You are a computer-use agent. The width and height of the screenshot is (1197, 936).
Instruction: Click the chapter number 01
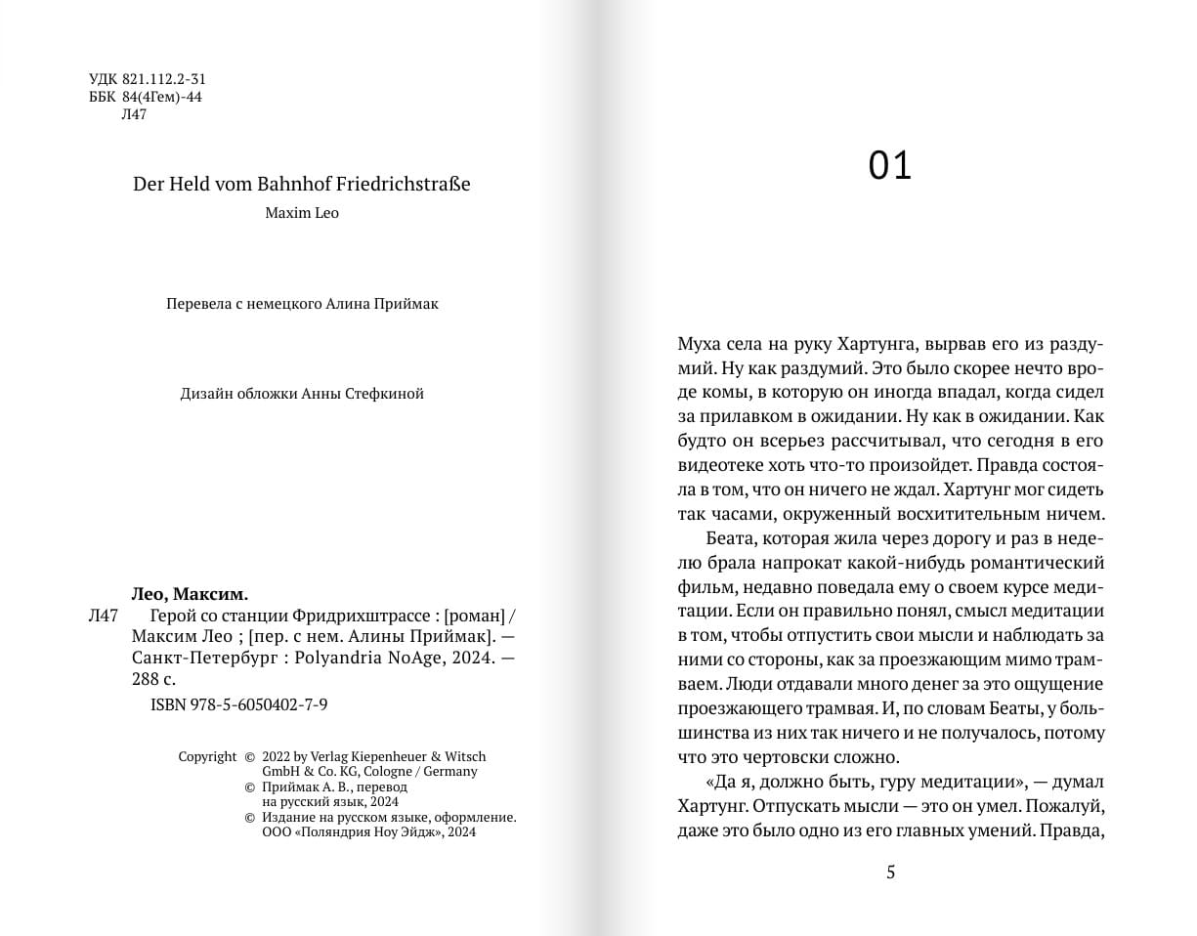click(889, 167)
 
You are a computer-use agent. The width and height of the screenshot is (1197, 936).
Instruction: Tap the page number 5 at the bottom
click(890, 872)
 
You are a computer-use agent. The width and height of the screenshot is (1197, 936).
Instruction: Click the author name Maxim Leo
click(302, 213)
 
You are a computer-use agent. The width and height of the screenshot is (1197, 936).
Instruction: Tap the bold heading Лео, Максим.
click(190, 594)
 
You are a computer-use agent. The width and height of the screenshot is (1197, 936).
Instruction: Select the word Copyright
click(207, 756)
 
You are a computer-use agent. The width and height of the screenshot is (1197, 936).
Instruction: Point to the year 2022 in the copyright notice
click(277, 756)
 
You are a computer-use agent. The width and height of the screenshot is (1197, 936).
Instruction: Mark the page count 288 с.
click(153, 681)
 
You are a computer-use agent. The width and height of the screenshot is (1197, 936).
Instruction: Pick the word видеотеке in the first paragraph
click(718, 465)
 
